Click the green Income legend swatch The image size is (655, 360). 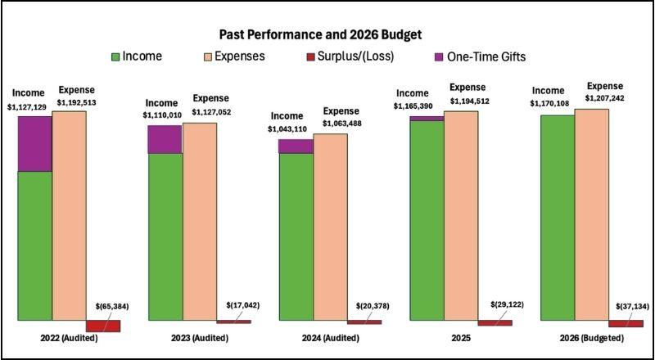coord(116,56)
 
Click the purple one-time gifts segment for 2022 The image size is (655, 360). coord(34,143)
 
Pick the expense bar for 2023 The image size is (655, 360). coord(200,220)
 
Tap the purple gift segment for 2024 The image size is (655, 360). coord(296,146)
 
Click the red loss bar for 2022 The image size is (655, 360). coord(103,326)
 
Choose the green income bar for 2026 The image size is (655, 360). coord(558,216)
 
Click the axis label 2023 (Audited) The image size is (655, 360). coord(199,337)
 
